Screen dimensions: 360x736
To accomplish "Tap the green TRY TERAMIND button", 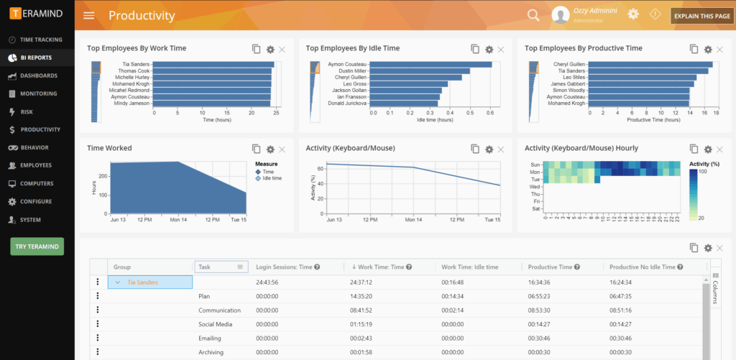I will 37,246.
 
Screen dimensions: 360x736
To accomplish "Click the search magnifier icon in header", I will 533,15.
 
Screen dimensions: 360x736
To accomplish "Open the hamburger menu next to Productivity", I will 89,15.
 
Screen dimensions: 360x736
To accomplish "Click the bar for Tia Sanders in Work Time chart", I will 213,65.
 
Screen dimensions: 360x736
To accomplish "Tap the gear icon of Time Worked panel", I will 270,149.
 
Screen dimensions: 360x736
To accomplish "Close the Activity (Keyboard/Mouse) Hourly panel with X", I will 719,149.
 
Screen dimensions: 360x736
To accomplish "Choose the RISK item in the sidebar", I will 27,111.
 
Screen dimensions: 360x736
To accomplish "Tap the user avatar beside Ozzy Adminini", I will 561,15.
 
